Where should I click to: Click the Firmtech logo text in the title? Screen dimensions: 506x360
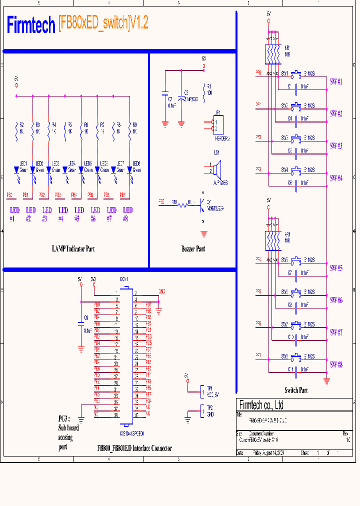30,25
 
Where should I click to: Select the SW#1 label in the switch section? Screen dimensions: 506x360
336,82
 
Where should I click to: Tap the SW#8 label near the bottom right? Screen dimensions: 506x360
336,364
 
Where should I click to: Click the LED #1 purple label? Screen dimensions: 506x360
14,214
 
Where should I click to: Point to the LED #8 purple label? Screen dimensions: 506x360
128,214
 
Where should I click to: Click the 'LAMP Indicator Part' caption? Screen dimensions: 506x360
73,248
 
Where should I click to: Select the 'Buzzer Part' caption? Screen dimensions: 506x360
193,248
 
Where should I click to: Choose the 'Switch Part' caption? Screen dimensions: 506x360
296,390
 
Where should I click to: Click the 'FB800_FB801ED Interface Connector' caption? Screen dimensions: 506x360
135,448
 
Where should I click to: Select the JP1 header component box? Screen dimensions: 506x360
218,124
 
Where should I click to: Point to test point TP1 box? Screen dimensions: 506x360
203,390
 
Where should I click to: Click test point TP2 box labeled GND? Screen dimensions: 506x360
203,411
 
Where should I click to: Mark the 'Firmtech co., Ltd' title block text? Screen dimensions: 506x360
261,405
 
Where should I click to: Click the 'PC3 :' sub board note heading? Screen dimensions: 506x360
64,418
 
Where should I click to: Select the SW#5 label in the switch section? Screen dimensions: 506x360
336,268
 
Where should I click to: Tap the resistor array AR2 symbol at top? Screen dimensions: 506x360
272,54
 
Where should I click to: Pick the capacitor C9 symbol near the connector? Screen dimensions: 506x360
81,324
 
